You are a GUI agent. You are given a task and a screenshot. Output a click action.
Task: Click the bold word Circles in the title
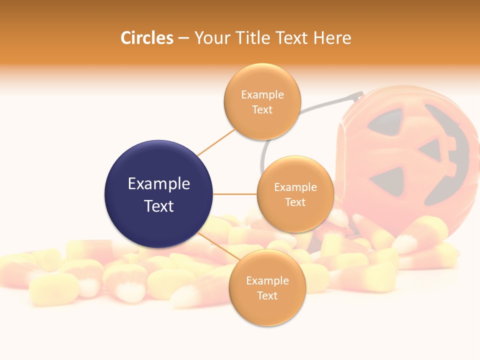pos(147,38)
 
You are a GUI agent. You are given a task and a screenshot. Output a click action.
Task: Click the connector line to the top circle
pos(216,142)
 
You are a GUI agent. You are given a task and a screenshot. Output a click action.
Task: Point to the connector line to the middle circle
pos(234,194)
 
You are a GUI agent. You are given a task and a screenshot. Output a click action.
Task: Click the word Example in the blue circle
pos(158,184)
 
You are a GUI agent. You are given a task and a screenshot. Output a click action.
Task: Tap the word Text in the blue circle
pos(158,206)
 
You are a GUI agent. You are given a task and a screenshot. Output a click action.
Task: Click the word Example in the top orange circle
pos(262,95)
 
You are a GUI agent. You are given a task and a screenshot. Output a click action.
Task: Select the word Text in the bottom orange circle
pos(267,295)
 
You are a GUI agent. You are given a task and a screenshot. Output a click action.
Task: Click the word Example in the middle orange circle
pos(295,187)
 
